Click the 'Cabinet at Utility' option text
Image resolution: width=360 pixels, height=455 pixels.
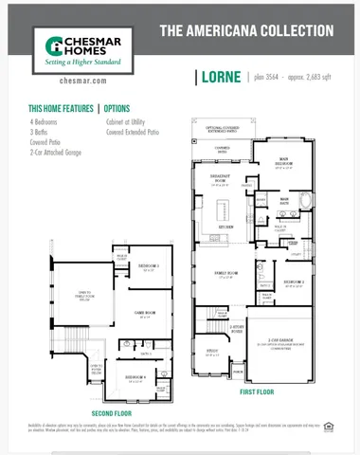click(129, 122)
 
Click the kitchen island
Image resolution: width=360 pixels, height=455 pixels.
click(225, 208)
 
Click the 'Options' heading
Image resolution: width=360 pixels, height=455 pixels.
click(117, 109)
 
